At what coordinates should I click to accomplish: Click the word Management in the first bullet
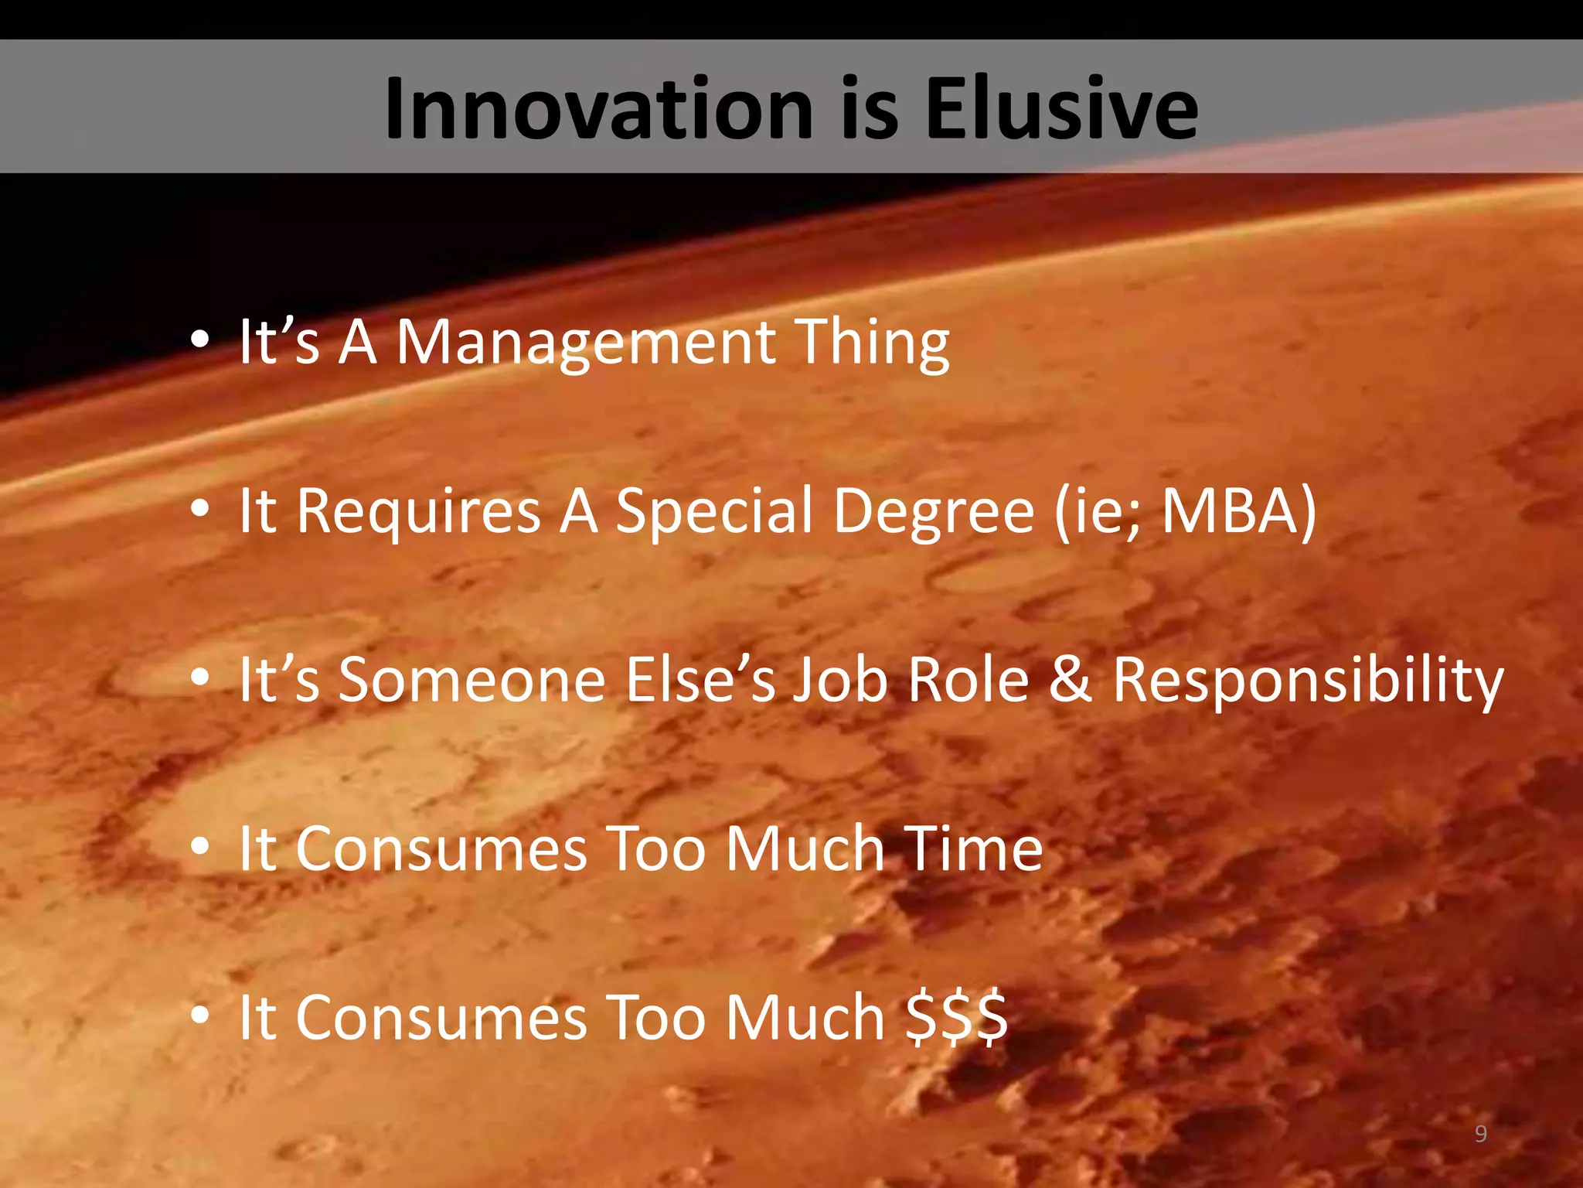point(586,343)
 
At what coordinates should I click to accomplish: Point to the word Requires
point(418,511)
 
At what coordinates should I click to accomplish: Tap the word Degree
point(934,511)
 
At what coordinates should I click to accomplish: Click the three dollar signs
point(956,1017)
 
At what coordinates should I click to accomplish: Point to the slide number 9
point(1480,1134)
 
